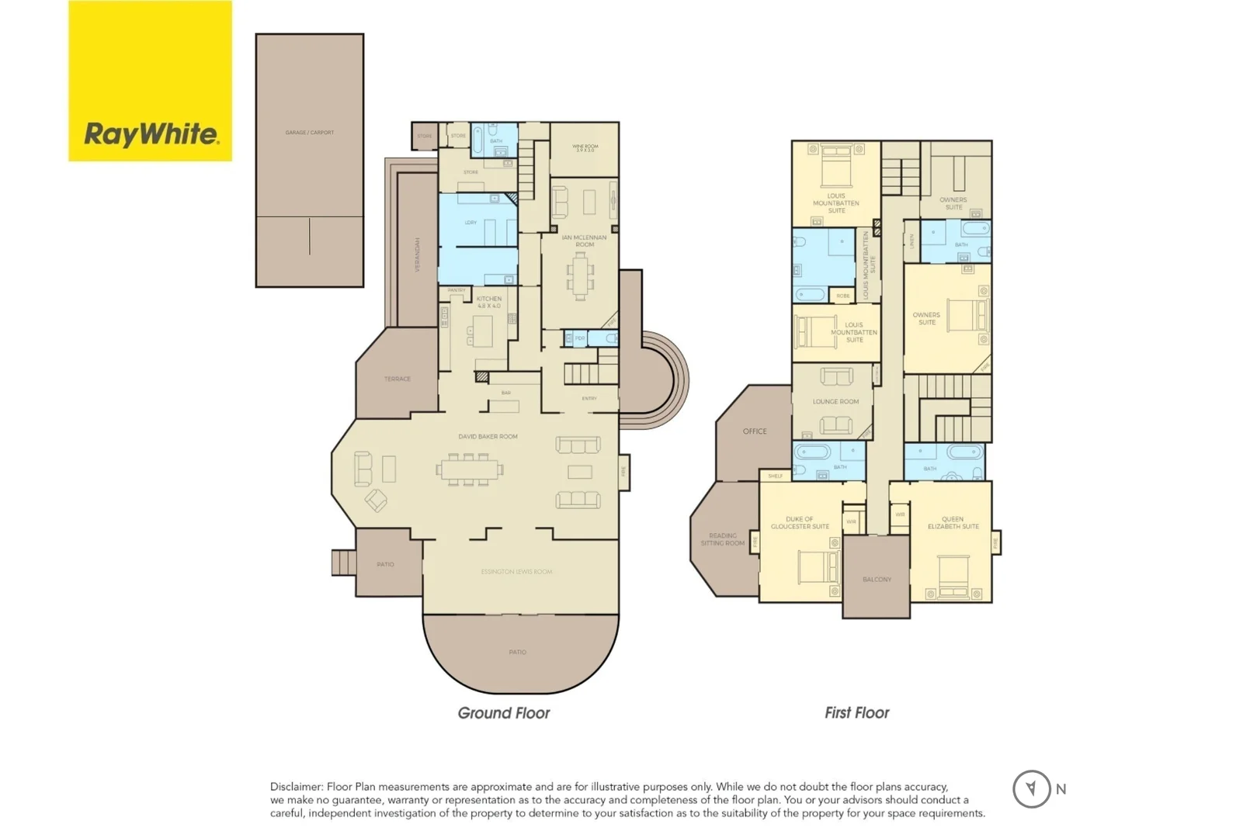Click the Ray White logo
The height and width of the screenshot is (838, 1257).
pyautogui.click(x=151, y=133)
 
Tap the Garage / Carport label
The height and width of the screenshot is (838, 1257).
pyautogui.click(x=309, y=133)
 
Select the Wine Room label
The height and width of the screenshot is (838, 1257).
pyautogui.click(x=585, y=147)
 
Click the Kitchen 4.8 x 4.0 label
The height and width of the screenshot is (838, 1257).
pyautogui.click(x=489, y=302)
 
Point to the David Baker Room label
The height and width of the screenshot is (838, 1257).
pyautogui.click(x=488, y=437)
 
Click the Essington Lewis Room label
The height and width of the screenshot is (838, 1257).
pyautogui.click(x=516, y=572)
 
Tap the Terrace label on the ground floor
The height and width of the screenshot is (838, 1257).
pyautogui.click(x=397, y=379)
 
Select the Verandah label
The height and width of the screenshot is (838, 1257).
pyautogui.click(x=418, y=254)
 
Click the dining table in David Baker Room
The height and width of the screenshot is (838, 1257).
pyautogui.click(x=469, y=469)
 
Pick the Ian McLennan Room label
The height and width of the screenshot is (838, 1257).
pyautogui.click(x=585, y=241)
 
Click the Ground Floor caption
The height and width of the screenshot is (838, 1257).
pyautogui.click(x=503, y=712)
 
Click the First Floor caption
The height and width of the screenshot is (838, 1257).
pyautogui.click(x=856, y=712)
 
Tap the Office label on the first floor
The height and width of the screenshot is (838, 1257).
pyautogui.click(x=754, y=431)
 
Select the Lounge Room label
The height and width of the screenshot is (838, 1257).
pyautogui.click(x=835, y=402)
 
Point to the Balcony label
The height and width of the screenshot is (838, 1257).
pyautogui.click(x=877, y=580)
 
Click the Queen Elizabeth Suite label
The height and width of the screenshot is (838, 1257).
pyautogui.click(x=953, y=523)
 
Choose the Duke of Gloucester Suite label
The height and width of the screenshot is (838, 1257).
pyautogui.click(x=800, y=523)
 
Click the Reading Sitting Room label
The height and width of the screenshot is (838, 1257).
pyautogui.click(x=723, y=539)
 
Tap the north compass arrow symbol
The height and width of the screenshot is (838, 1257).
pyautogui.click(x=1031, y=788)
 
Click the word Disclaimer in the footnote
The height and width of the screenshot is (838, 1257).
pyautogui.click(x=296, y=787)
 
